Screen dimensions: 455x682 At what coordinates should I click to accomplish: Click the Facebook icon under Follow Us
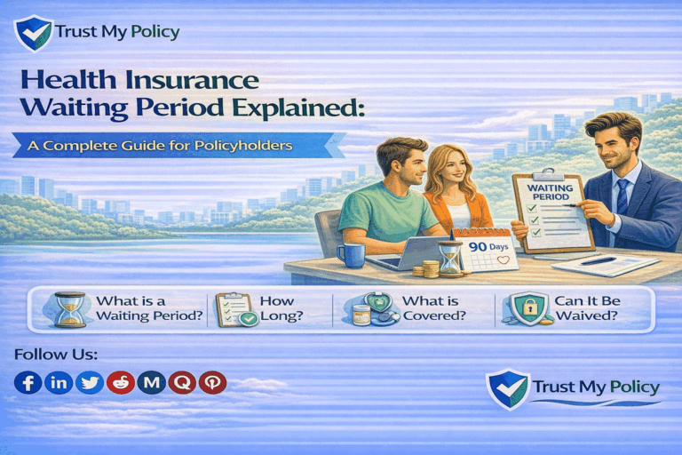click(28, 382)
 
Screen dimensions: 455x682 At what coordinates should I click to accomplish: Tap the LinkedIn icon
click(58, 382)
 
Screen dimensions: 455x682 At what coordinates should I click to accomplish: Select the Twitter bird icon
click(89, 382)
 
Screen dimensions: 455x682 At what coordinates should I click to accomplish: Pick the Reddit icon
click(120, 382)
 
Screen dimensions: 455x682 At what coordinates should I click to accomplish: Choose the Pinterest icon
click(212, 382)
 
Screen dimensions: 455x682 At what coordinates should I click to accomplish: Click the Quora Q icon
click(182, 382)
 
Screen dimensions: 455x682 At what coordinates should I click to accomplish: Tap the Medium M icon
click(152, 382)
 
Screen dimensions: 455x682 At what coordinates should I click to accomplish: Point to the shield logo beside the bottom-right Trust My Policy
click(508, 389)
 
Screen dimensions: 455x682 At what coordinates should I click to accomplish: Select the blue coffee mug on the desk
click(351, 255)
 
